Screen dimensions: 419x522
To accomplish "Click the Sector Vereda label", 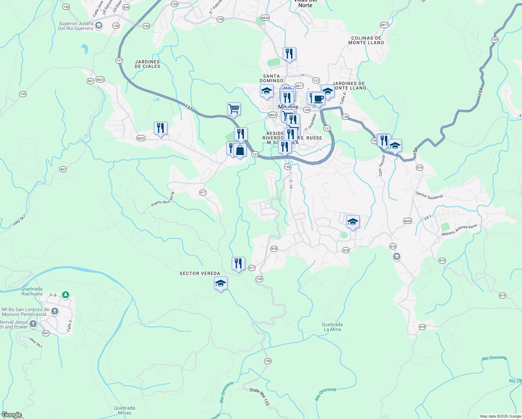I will click(x=200, y=273).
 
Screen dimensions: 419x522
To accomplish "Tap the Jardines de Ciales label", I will click(x=147, y=64).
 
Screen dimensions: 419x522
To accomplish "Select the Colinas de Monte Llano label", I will click(x=366, y=40).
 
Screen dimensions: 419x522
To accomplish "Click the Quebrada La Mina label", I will click(x=332, y=327).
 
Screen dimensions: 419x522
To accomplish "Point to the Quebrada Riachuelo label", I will click(x=32, y=291).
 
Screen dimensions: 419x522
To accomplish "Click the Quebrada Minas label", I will click(x=125, y=410).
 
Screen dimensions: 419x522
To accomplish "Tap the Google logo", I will click(x=12, y=415).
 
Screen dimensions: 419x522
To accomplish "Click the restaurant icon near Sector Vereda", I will click(x=238, y=263).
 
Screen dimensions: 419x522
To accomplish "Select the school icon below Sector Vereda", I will click(x=221, y=283).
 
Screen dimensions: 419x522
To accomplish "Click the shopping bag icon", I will click(x=240, y=150).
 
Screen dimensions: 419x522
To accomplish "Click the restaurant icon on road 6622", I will click(x=161, y=128).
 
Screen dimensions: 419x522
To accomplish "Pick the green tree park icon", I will click(x=65, y=295).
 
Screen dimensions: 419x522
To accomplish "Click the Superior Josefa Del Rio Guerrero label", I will click(x=76, y=26).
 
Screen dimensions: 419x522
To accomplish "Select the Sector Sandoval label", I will click(x=429, y=196).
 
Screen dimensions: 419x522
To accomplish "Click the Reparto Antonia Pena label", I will click(x=459, y=230).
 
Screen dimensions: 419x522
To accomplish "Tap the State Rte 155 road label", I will click(x=260, y=397).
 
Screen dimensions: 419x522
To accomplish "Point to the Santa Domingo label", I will click(x=271, y=78).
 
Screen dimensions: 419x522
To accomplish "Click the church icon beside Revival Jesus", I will click(x=33, y=324).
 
